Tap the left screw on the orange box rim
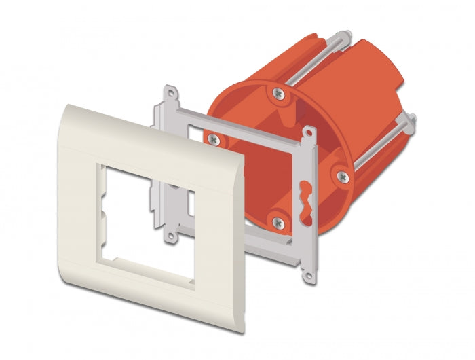click(214, 139)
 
